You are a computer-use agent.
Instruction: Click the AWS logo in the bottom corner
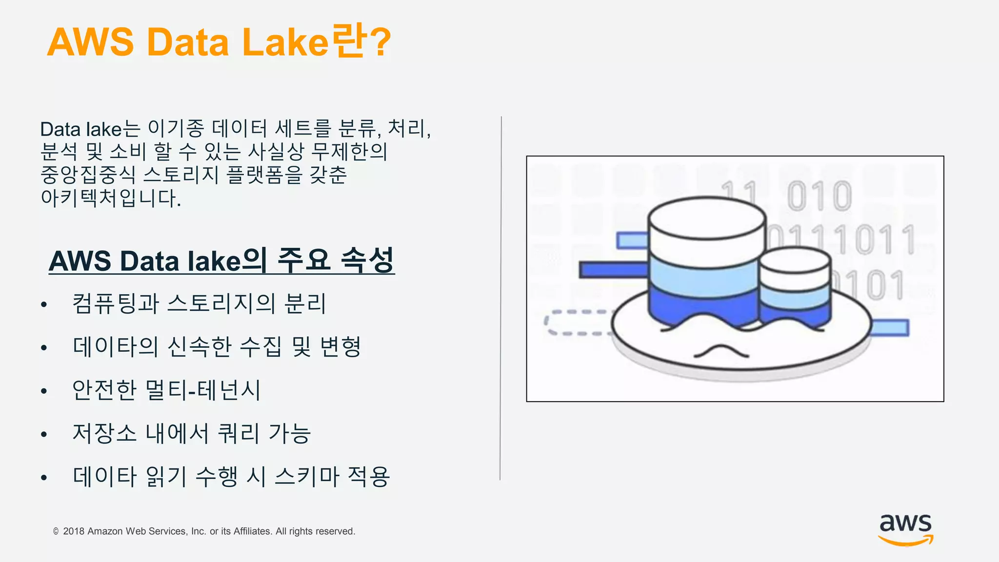(x=905, y=529)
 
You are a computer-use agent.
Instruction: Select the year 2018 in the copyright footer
(x=73, y=531)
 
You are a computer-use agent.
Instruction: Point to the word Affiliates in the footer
(x=253, y=531)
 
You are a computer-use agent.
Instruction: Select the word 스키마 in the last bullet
(x=307, y=476)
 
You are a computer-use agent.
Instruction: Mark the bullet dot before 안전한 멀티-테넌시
(x=44, y=391)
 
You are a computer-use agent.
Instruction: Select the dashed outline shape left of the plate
(x=576, y=322)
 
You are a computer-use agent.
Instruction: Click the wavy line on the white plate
(x=720, y=351)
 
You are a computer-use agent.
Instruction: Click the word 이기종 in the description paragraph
(x=176, y=129)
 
